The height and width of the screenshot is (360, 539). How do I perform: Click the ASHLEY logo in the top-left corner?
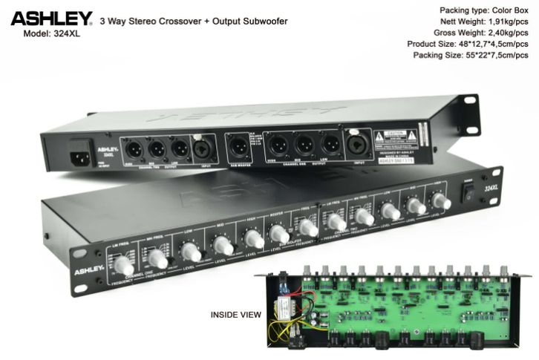(x=51, y=18)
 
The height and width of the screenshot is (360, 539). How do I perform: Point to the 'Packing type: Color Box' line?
(x=485, y=10)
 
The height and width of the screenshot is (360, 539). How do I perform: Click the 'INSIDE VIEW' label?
(x=236, y=314)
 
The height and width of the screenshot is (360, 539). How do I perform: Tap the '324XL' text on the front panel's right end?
(x=489, y=189)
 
